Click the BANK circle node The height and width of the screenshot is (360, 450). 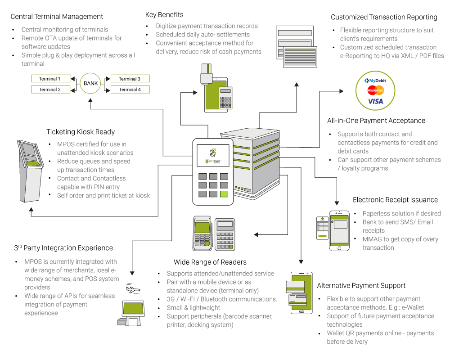click(90, 83)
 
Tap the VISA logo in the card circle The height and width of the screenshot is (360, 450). click(375, 101)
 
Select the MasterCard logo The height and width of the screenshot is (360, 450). click(375, 90)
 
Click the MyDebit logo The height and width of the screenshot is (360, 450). click(375, 81)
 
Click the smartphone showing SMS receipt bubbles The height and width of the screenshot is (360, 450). click(339, 230)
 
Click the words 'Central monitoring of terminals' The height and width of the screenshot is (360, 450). click(65, 30)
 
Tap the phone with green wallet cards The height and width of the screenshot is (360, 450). click(301, 292)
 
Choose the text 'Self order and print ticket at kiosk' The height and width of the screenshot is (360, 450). click(103, 195)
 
